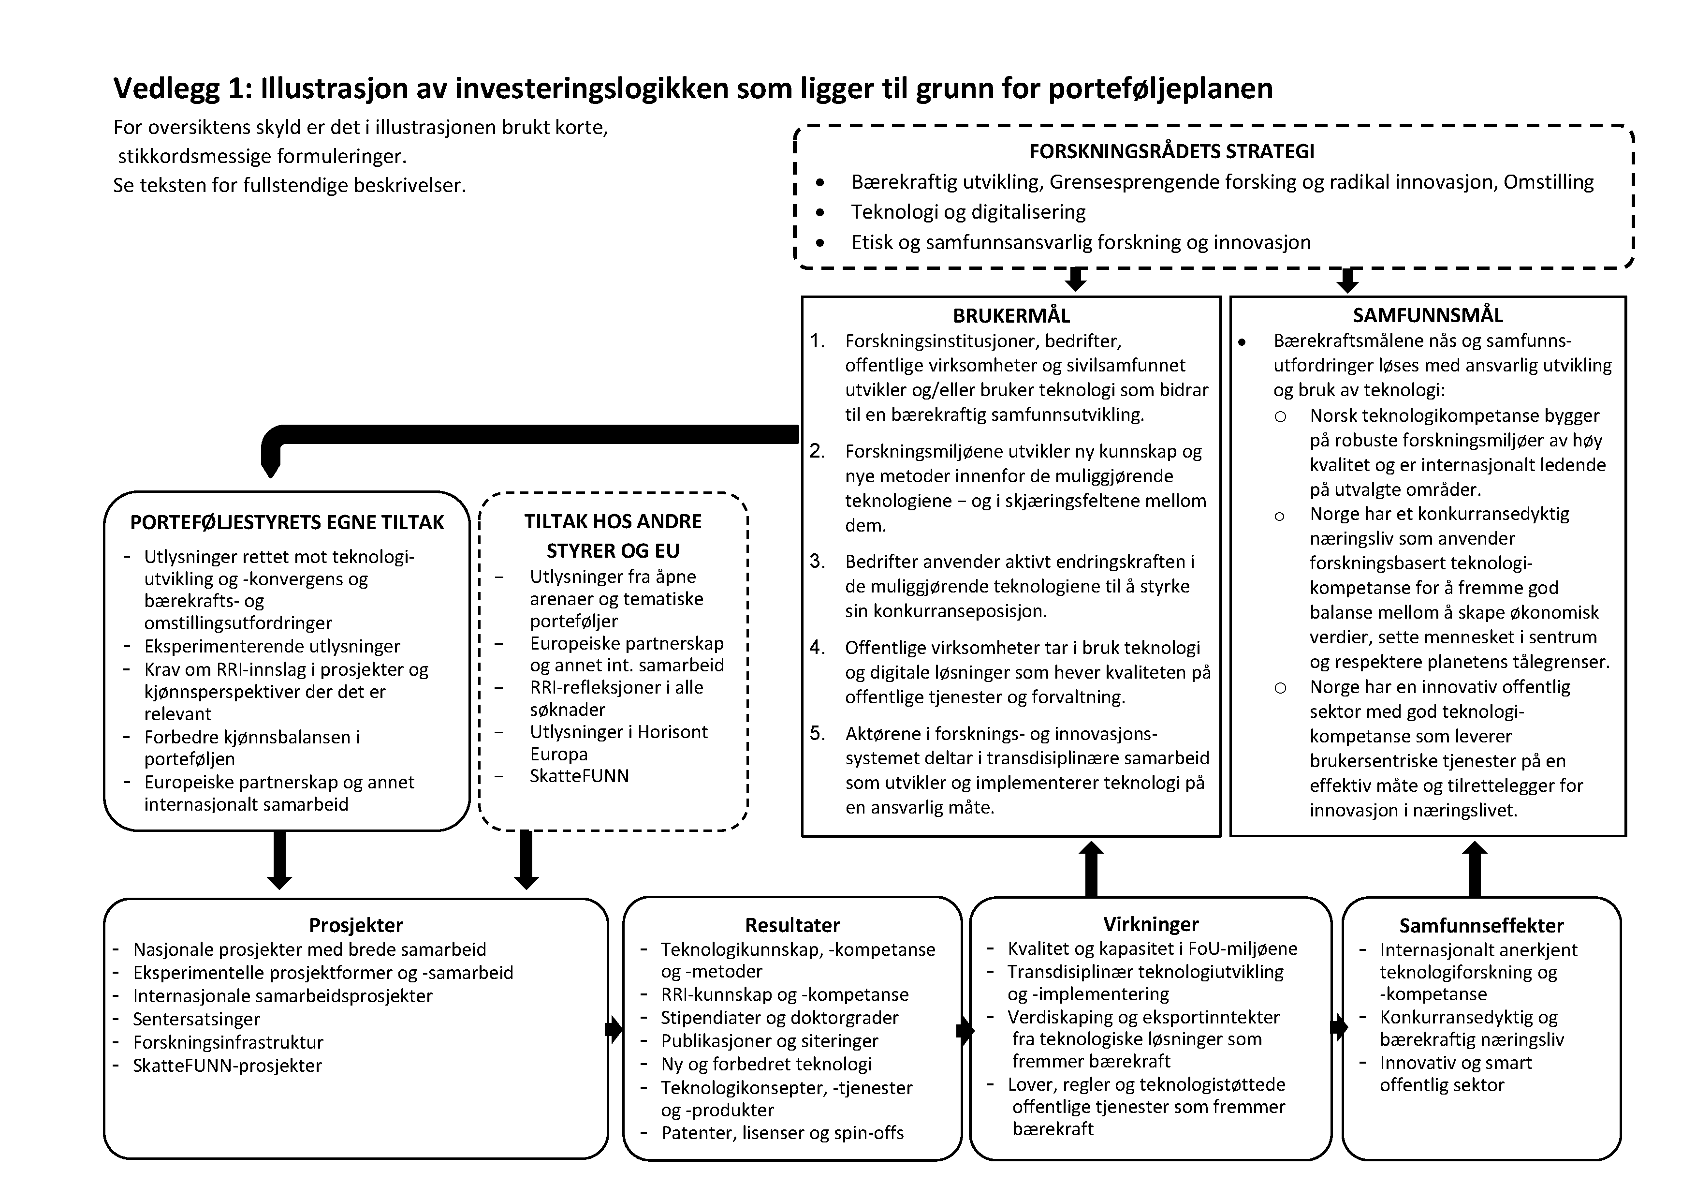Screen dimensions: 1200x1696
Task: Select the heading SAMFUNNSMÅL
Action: click(x=1427, y=315)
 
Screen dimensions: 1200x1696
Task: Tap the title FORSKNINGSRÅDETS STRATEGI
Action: click(x=1171, y=151)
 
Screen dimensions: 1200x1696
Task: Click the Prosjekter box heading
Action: click(x=356, y=925)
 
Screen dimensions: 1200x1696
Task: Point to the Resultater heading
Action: click(x=792, y=925)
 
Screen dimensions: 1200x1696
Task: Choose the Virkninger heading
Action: click(x=1151, y=924)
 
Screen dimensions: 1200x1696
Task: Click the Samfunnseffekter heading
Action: click(x=1481, y=926)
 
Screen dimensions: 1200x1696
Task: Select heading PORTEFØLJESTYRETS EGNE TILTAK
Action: click(x=287, y=522)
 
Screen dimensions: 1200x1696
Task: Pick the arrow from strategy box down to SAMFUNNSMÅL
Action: click(x=1347, y=280)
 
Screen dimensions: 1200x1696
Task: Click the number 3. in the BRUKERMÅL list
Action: click(x=817, y=562)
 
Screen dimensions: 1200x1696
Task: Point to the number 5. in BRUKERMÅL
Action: click(x=817, y=734)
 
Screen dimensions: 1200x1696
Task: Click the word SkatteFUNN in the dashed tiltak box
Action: click(x=579, y=776)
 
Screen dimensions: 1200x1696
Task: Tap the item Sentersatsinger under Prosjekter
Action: click(x=196, y=1019)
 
